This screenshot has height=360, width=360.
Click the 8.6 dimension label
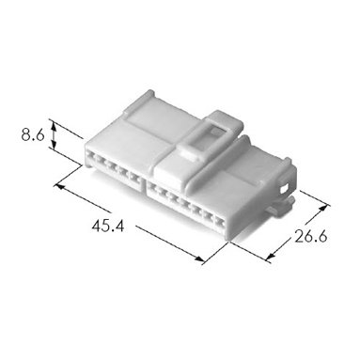33,135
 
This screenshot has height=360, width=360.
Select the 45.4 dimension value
108,226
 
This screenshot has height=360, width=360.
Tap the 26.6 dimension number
311,237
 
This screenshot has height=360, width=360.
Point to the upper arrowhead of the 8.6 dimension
54,126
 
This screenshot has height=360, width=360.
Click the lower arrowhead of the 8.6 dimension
54,145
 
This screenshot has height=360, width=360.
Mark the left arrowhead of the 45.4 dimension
58,186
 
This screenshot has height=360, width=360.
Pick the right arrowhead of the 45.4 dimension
199,258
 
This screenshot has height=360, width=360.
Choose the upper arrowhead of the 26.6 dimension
325,209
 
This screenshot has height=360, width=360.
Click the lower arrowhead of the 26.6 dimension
270,257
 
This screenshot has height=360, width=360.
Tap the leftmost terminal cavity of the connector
91,155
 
